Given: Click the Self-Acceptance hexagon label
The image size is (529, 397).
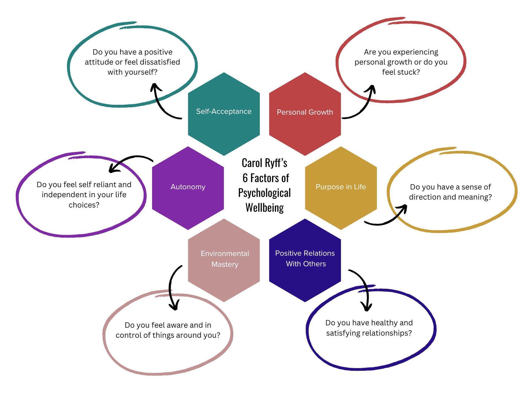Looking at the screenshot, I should click(x=224, y=111).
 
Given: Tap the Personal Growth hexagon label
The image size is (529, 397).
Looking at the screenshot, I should click(x=305, y=112).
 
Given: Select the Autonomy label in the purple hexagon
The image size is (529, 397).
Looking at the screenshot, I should click(x=188, y=187).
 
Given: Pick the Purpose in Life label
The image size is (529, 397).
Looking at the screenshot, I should click(x=341, y=187).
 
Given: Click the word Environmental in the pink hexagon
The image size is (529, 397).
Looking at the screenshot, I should click(x=225, y=253).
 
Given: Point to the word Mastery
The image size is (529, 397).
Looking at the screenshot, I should click(x=225, y=264).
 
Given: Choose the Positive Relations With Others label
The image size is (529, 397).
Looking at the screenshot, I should click(x=305, y=258).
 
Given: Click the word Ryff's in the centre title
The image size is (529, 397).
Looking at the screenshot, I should click(x=276, y=163).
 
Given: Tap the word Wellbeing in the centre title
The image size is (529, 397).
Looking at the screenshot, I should click(x=264, y=208).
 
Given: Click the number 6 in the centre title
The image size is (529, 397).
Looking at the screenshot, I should click(x=245, y=178).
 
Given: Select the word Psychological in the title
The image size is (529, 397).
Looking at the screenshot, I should click(x=264, y=193).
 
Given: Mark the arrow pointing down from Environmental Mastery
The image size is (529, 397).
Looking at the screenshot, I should click(x=171, y=287).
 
